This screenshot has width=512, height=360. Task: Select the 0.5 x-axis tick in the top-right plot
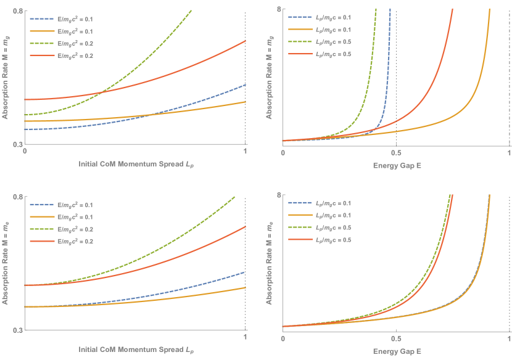pos(396,152)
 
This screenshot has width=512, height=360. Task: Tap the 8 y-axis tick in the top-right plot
pos(279,9)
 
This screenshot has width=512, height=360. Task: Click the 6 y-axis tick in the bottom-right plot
pos(279,195)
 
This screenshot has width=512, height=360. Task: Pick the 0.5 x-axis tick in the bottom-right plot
pos(396,338)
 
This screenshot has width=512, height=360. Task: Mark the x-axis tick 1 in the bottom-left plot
pos(246,338)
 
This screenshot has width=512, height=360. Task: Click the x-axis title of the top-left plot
pos(136,165)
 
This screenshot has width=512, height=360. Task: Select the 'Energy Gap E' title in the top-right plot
pos(395,165)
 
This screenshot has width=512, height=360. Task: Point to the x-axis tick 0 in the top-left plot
pos(25,151)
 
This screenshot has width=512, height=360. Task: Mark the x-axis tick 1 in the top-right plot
pos(509,152)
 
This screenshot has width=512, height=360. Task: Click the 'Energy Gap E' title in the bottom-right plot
pos(395,351)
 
